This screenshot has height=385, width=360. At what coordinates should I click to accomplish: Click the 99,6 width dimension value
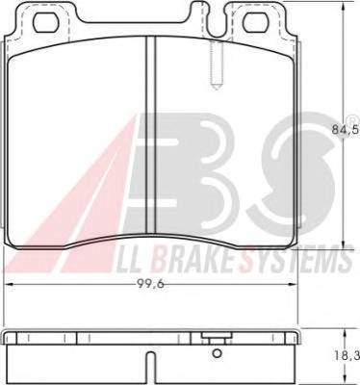tap(150, 284)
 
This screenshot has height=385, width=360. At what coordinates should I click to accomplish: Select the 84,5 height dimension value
tap(346, 130)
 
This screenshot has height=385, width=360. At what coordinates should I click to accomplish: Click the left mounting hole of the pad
tap(48, 24)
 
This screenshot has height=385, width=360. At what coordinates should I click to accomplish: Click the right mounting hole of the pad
tap(258, 24)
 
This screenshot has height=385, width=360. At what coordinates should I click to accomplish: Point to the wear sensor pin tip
tap(217, 86)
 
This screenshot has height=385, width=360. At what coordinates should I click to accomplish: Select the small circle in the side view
tap(218, 353)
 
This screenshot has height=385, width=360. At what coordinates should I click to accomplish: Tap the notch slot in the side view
tap(151, 368)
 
